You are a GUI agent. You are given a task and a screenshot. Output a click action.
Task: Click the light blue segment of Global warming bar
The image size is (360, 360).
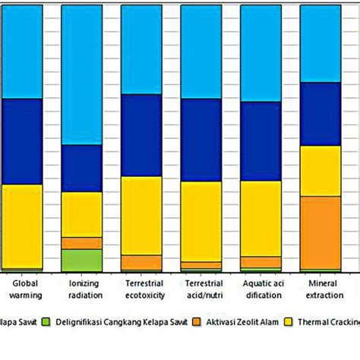tap(21, 51)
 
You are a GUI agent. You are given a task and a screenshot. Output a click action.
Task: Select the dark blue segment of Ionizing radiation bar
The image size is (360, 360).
tap(81, 168)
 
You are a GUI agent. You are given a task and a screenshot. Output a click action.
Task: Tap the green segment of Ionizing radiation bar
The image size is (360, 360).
tap(81, 260)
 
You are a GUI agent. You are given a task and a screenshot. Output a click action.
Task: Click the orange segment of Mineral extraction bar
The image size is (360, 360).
tap(320, 232)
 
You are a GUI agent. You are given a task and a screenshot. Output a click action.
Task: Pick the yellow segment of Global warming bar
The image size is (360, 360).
tap(21, 226)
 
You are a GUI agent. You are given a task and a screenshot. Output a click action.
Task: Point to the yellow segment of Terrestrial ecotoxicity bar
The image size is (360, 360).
tap(141, 215)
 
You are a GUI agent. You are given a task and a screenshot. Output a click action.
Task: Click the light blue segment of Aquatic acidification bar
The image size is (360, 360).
tap(261, 52)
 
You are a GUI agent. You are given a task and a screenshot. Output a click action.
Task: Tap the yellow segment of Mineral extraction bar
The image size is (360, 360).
tap(320, 170)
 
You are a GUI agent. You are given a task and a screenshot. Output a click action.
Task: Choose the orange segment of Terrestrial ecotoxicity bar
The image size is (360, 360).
tap(141, 263)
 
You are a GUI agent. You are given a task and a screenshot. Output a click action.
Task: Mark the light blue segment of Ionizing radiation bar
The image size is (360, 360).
tap(81, 74)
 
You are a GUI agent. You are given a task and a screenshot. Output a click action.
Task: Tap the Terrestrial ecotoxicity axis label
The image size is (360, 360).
tap(141, 289)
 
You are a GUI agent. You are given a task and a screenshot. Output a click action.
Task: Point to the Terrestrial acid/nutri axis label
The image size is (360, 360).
tap(201, 289)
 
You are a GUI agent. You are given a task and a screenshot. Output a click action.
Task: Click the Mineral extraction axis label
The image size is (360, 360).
tap(320, 289)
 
